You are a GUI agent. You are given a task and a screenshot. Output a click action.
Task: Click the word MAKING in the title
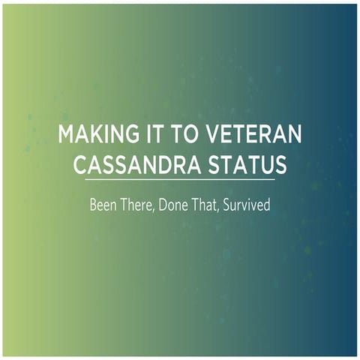coord(92,135)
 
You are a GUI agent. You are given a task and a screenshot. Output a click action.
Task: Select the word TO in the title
coord(170,135)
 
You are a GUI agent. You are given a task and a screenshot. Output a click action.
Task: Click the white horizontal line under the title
coord(180,180)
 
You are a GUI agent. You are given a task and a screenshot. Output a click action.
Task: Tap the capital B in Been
coord(93,202)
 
